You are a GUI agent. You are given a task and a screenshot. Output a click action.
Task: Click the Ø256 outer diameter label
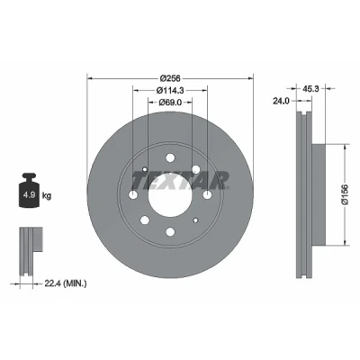(170, 78)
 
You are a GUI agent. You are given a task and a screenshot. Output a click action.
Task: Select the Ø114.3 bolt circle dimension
(170, 90)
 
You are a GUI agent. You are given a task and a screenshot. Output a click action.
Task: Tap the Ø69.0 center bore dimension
(170, 102)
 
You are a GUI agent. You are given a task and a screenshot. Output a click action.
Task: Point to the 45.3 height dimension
(310, 88)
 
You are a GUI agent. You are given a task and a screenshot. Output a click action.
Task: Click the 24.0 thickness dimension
(281, 101)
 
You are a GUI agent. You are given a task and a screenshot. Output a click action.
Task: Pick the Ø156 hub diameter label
(345, 194)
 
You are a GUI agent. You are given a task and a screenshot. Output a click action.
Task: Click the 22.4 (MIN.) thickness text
(66, 283)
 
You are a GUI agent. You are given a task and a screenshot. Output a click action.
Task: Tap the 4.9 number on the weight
(29, 195)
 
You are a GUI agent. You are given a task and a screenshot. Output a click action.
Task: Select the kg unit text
(47, 196)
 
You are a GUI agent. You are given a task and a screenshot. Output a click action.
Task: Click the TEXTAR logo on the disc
(180, 181)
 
